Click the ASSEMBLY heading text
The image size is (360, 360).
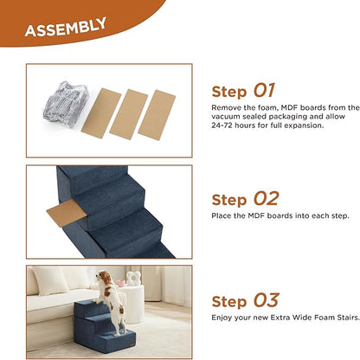[x=66, y=29]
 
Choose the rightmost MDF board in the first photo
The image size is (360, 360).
[x=157, y=112]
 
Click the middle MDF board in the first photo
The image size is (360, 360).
[x=128, y=112]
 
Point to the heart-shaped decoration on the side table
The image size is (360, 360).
[x=132, y=279]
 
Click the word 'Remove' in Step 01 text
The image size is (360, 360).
[x=226, y=107]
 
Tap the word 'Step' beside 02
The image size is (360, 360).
[x=230, y=199]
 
